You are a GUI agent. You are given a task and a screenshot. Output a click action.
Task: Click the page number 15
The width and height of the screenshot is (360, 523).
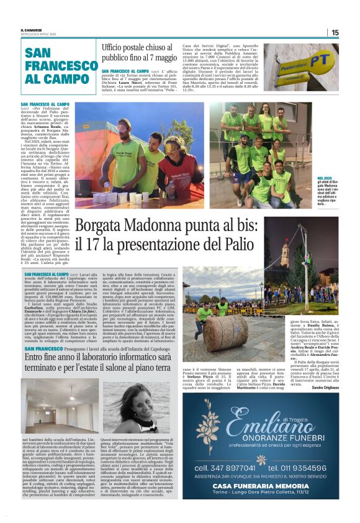(x=335, y=32)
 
